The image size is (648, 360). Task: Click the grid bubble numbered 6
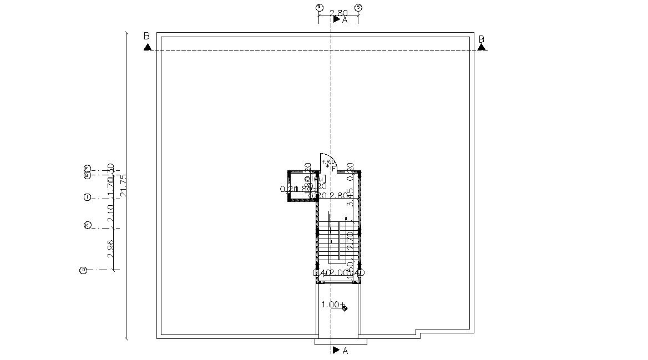319,7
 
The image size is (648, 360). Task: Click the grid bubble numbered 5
358,7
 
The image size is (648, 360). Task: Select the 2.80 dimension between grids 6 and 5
338,12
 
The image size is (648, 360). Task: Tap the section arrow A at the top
337,19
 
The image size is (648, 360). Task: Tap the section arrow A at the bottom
337,351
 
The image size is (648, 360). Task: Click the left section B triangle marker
148,47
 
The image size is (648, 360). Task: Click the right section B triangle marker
482,47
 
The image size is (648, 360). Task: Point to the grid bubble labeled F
87,168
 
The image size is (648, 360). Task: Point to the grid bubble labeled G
87,175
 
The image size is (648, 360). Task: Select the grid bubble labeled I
87,197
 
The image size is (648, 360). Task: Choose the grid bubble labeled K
87,225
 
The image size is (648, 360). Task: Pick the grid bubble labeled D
83,270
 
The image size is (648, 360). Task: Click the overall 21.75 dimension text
124,185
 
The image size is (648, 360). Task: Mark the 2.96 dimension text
111,249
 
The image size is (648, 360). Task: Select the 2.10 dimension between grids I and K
111,213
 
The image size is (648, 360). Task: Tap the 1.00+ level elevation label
333,305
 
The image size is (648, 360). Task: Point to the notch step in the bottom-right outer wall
419,334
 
